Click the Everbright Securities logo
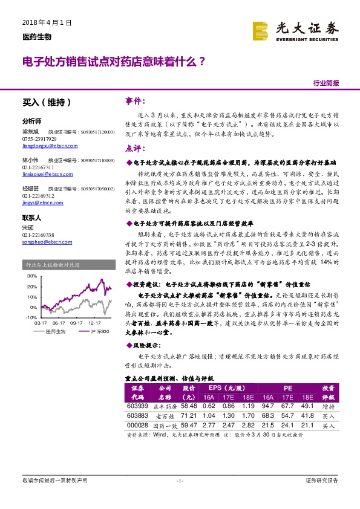click(x=297, y=31)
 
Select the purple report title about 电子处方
click(x=113, y=61)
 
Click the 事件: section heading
click(x=134, y=100)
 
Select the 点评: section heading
click(x=134, y=148)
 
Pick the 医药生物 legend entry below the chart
click(x=56, y=332)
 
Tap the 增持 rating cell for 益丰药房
click(x=329, y=407)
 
